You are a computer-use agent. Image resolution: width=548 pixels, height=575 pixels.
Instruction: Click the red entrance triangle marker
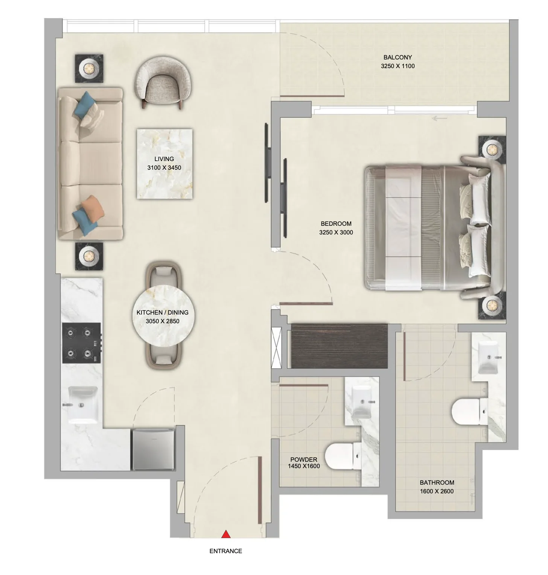tap(226, 534)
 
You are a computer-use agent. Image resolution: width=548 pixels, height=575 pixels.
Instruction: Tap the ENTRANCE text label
tap(226, 551)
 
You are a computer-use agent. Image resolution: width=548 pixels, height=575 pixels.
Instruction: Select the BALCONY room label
tap(398, 58)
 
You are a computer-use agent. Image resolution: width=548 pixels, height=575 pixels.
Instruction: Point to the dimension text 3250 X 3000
tap(336, 233)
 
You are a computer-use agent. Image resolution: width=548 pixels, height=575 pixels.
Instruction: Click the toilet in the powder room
tap(342, 456)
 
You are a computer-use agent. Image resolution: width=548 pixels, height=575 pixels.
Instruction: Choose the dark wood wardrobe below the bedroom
tap(339, 345)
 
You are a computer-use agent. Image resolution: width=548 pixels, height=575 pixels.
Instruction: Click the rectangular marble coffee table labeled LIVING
tap(164, 163)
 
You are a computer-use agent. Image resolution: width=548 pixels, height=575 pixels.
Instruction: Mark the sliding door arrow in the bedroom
tap(440, 119)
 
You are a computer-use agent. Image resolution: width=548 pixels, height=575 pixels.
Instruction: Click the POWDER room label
tap(304, 459)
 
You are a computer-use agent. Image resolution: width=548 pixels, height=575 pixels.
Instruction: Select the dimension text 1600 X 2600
tap(437, 491)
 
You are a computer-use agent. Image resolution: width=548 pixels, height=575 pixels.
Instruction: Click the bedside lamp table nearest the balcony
tap(492, 150)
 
